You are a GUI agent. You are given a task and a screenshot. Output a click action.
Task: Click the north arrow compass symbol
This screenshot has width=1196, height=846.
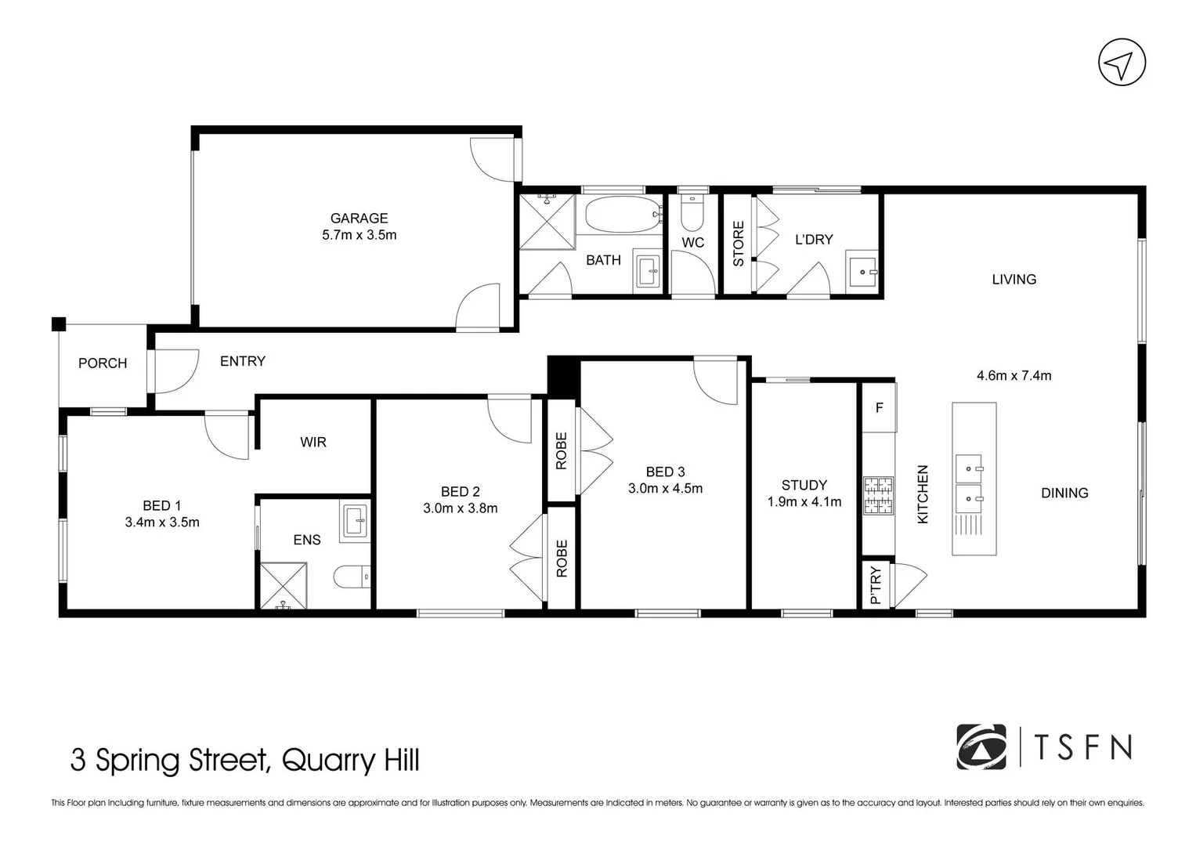(1122, 63)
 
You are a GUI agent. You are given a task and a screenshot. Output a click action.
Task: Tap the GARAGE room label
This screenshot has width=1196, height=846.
(359, 219)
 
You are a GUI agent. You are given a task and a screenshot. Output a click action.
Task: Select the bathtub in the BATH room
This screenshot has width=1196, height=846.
(623, 215)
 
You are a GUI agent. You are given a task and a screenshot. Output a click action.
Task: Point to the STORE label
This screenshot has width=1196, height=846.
(738, 244)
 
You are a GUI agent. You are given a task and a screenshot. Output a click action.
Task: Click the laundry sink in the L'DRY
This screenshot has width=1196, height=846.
(862, 271)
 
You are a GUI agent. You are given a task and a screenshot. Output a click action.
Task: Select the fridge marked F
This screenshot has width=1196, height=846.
(879, 407)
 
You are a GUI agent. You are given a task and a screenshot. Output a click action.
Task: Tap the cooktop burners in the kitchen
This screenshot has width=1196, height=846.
(878, 496)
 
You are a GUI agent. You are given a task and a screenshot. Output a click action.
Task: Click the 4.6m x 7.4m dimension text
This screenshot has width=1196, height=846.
(1014, 375)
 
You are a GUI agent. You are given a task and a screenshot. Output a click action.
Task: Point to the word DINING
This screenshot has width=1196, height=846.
(1064, 493)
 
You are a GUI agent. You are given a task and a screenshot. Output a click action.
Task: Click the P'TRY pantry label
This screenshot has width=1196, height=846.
(875, 585)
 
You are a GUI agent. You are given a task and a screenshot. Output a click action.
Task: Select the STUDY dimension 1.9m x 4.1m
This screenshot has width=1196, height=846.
(804, 502)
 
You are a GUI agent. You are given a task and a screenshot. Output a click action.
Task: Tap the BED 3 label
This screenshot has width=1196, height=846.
(665, 472)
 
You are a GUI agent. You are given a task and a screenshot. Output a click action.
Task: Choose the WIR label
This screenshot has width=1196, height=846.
(313, 442)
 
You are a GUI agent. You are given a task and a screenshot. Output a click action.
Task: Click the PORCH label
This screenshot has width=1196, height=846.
(103, 363)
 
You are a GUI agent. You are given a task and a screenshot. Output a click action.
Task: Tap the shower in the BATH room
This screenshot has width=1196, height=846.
(547, 222)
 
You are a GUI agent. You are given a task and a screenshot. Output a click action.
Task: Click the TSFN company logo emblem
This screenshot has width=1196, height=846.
(981, 747)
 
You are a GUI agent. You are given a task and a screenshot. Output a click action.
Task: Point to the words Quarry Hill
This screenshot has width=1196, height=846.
(350, 760)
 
